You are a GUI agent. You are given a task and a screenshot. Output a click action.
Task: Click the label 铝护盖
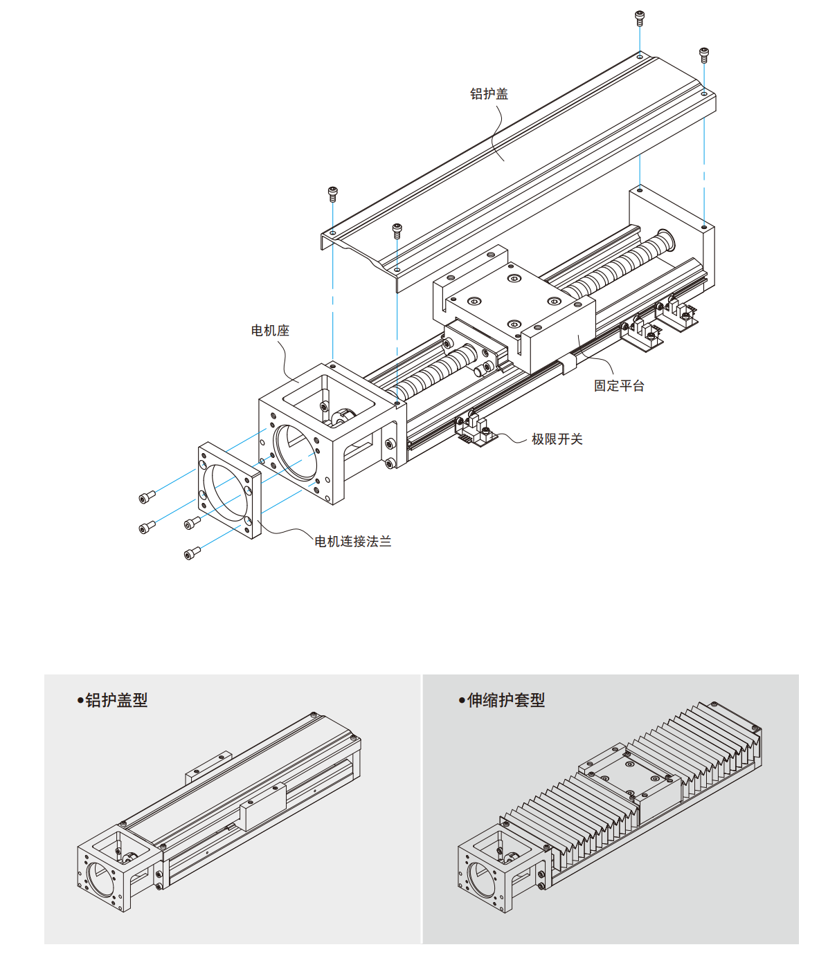click(x=489, y=94)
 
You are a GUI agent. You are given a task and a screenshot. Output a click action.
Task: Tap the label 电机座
click(x=270, y=331)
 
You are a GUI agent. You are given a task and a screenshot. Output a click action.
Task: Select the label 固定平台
click(x=619, y=386)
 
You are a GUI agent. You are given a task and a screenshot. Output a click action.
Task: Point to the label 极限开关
click(x=557, y=439)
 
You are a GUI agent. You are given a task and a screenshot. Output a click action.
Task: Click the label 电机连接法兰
click(x=353, y=542)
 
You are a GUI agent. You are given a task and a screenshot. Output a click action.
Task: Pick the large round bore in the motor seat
click(x=295, y=454)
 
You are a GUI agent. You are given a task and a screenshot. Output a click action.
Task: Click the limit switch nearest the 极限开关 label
click(x=476, y=430)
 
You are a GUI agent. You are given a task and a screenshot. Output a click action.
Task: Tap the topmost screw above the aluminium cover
click(x=640, y=17)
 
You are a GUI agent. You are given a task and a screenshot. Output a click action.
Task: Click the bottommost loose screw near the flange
click(x=192, y=553)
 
